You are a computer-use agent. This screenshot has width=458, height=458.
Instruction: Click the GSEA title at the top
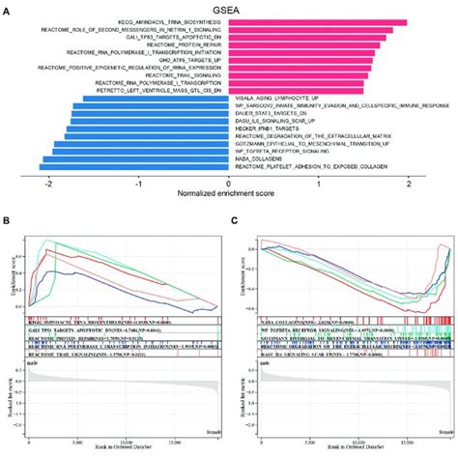click(x=229, y=8)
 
